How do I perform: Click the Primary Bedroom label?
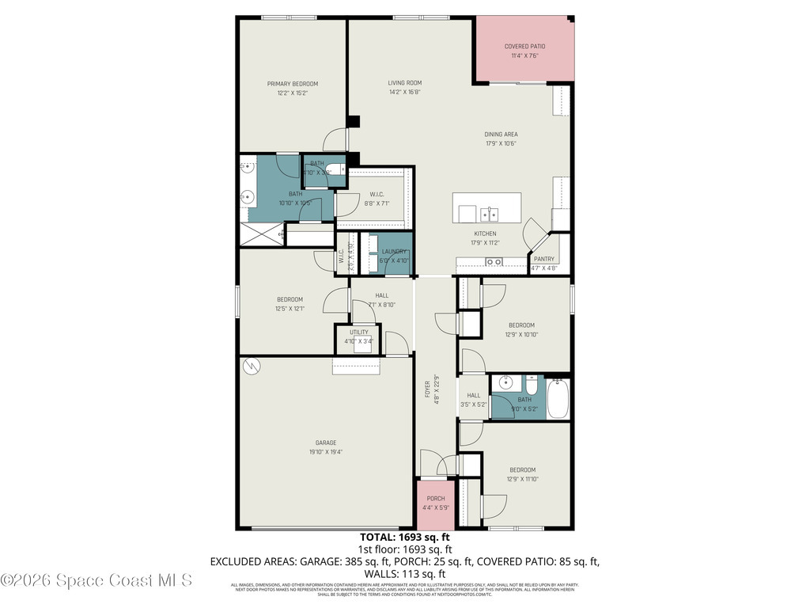[x=292, y=84]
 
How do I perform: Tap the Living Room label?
[x=404, y=83]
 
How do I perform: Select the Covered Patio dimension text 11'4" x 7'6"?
[x=524, y=55]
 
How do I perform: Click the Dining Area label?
[x=501, y=135]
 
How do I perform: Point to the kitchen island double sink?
[x=490, y=213]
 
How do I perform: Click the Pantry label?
[x=543, y=259]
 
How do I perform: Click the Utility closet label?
[x=358, y=332]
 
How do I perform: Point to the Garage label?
[x=325, y=443]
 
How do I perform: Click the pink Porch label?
[x=435, y=499]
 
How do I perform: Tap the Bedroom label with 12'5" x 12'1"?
[x=290, y=299]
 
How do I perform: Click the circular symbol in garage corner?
[x=252, y=365]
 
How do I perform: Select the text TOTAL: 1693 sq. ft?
[x=404, y=536]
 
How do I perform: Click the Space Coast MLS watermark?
[x=97, y=580]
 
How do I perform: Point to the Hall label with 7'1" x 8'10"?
[x=381, y=295]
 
